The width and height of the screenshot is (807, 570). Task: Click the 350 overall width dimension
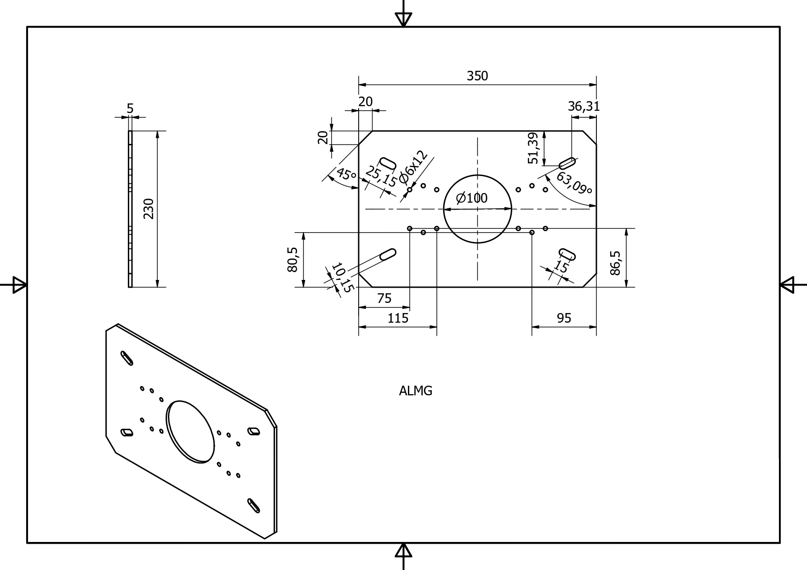click(477, 76)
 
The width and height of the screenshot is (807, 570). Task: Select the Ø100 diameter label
click(472, 198)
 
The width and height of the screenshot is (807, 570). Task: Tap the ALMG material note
click(416, 391)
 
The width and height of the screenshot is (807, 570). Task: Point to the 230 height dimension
click(148, 209)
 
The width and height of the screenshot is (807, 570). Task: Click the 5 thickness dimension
click(130, 108)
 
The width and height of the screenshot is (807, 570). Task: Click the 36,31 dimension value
click(584, 107)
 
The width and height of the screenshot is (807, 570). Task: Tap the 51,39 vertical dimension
click(533, 148)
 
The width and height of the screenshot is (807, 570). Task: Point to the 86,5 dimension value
click(615, 263)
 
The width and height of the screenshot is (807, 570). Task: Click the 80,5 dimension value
click(292, 260)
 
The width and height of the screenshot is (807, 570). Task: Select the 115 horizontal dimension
click(398, 318)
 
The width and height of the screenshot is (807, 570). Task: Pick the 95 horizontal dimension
click(564, 318)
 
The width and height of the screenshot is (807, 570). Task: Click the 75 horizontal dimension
click(384, 299)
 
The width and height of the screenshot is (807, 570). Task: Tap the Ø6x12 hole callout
click(413, 166)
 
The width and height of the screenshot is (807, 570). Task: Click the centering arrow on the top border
click(403, 18)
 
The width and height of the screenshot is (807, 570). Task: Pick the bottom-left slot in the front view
click(388, 254)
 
